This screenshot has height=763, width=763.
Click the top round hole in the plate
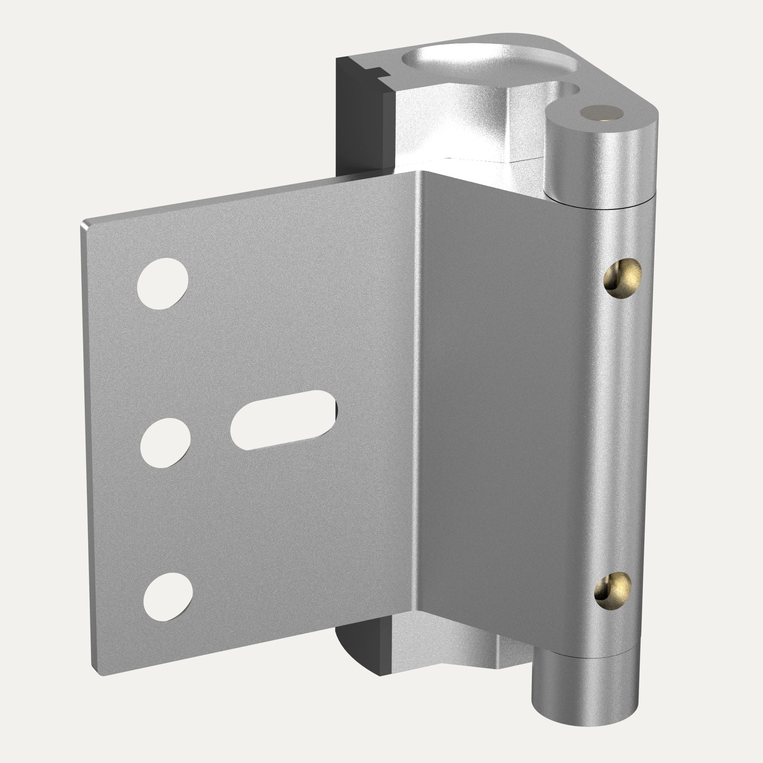click(x=162, y=283)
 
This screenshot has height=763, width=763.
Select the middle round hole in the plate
click(x=165, y=443)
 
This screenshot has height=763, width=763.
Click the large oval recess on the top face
click(x=488, y=63)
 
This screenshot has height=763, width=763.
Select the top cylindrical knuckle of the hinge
click(x=600, y=158)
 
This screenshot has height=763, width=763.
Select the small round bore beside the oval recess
click(x=569, y=89)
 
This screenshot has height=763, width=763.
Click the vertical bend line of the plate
click(x=417, y=395)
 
